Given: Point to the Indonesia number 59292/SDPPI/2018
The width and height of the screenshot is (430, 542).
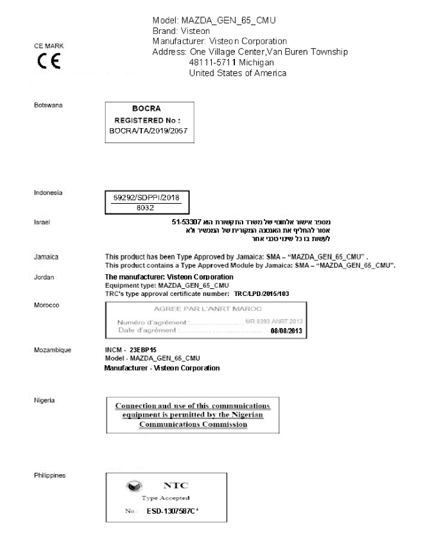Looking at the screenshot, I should tap(147, 199).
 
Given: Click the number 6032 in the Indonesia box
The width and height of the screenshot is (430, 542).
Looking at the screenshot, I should tap(147, 208).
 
